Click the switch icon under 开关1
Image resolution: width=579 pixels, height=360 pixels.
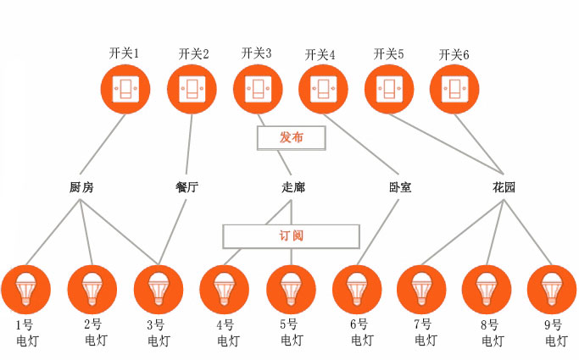pos(125,90)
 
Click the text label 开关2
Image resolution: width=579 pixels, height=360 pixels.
pos(193,54)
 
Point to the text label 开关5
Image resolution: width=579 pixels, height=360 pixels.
pos(388,54)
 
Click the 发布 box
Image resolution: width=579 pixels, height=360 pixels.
pos(292,137)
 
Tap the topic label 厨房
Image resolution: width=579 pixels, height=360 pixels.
pos(81,187)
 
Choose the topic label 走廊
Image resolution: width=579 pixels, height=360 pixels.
pos(292,187)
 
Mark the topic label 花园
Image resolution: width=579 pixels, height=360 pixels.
pos(504,187)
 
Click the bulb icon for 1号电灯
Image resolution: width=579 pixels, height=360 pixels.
pos(26,290)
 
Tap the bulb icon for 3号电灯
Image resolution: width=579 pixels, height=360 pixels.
pos(159,290)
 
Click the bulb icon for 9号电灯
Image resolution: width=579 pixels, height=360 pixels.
pos(552,290)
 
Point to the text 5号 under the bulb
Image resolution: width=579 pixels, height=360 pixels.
pos(289,324)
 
